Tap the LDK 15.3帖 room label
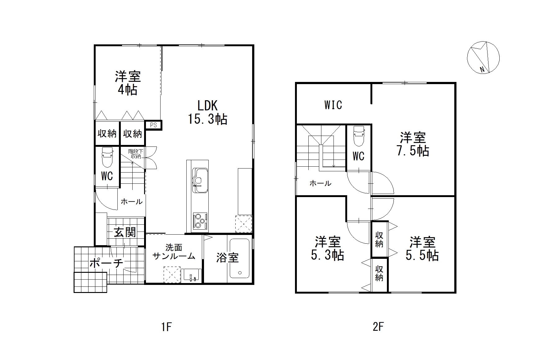(207, 112)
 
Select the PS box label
(153, 125)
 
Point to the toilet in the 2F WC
(359, 136)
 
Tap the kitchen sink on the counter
(200, 180)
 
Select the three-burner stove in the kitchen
(200, 221)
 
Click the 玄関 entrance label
(125, 232)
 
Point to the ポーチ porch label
(106, 263)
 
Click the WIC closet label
(333, 105)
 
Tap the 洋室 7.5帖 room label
(413, 144)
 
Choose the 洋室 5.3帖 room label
(328, 248)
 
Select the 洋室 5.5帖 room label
(422, 248)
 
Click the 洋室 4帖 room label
(128, 83)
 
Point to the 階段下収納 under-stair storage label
(136, 154)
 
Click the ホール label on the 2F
(320, 183)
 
